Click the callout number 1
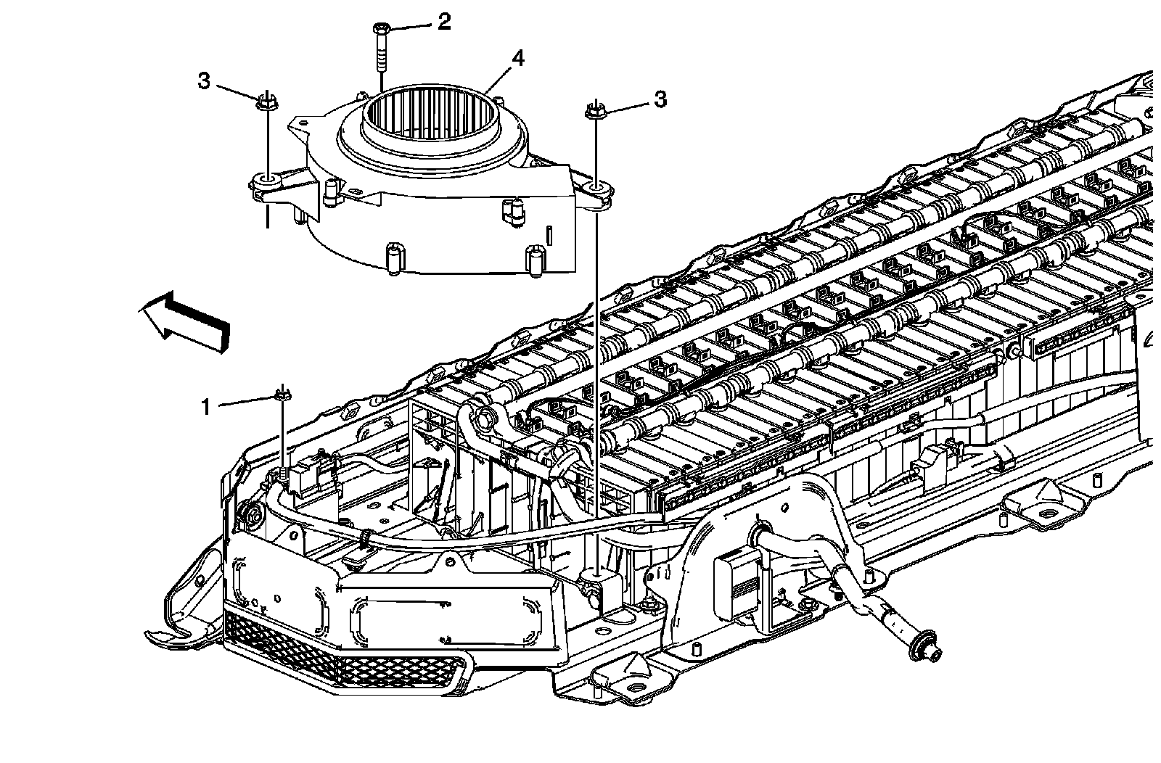pyautogui.click(x=207, y=407)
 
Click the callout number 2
pyautogui.click(x=443, y=22)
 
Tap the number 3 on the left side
pyautogui.click(x=205, y=81)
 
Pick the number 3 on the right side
pyautogui.click(x=660, y=99)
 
